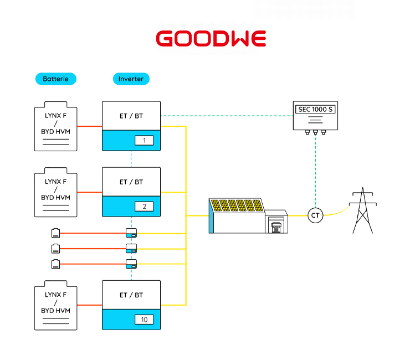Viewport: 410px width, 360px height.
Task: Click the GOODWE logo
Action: pyautogui.click(x=211, y=39)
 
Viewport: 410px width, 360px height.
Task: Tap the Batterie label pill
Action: pyautogui.click(x=55, y=79)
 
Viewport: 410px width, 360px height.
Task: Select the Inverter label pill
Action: pyautogui.click(x=131, y=79)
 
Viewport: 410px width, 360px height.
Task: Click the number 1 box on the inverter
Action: pyautogui.click(x=143, y=141)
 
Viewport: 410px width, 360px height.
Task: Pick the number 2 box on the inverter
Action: pyautogui.click(x=143, y=207)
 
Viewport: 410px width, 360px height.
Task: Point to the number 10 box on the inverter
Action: pyautogui.click(x=143, y=320)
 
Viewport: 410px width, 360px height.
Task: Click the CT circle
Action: pyautogui.click(x=316, y=215)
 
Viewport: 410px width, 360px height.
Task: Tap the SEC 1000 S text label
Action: pyautogui.click(x=315, y=109)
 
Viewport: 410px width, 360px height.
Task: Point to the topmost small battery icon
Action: pyautogui.click(x=55, y=233)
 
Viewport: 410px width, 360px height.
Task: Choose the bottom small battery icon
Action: pyautogui.click(x=55, y=264)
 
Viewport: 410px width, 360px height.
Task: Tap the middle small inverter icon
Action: pyautogui.click(x=131, y=248)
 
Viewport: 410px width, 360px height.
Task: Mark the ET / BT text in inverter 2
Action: pyautogui.click(x=131, y=182)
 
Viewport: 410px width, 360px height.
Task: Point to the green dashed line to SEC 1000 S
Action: pyautogui.click(x=227, y=116)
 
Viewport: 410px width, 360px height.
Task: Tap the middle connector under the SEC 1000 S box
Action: pyautogui.click(x=315, y=133)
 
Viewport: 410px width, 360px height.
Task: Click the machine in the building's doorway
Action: pyautogui.click(x=275, y=225)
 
